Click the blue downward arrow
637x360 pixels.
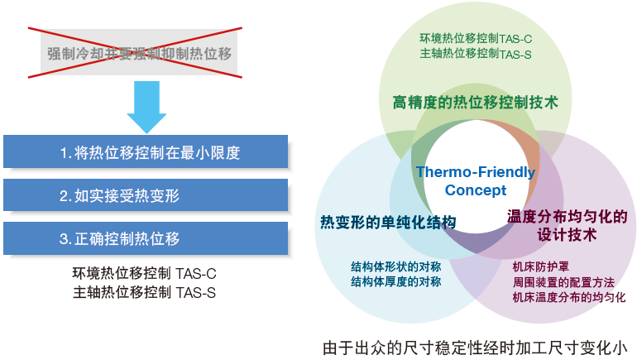coord(146,107)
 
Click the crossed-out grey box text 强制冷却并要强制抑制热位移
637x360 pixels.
coord(139,54)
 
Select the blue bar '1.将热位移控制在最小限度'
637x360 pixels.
coord(146,151)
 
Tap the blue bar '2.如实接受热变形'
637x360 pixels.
coord(146,195)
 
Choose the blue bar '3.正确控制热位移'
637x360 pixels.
coord(146,238)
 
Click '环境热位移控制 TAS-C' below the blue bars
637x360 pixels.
coord(144,273)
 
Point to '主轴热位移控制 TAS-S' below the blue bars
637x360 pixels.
coord(144,292)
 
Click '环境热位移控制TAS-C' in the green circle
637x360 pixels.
coord(476,39)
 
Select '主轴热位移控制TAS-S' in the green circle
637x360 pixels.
coord(476,54)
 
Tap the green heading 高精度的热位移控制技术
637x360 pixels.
coord(476,103)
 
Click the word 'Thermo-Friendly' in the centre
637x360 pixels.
coord(476,172)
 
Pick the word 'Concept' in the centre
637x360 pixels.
coord(476,190)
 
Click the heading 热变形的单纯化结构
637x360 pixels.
coord(388,223)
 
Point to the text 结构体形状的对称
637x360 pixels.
coord(396,267)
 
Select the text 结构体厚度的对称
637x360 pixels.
coord(396,281)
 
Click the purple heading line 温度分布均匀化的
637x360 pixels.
coord(568,217)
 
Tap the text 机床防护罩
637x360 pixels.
coord(541,267)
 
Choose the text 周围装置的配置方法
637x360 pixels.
coord(563,282)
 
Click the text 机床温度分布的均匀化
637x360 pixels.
coord(569,297)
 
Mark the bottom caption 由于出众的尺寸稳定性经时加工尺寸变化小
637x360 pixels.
coord(476,348)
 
